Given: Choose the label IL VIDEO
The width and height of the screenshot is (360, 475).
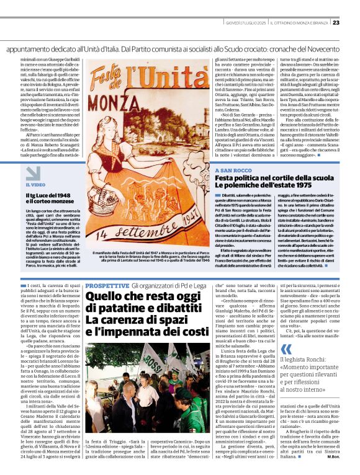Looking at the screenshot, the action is click(35, 185).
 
